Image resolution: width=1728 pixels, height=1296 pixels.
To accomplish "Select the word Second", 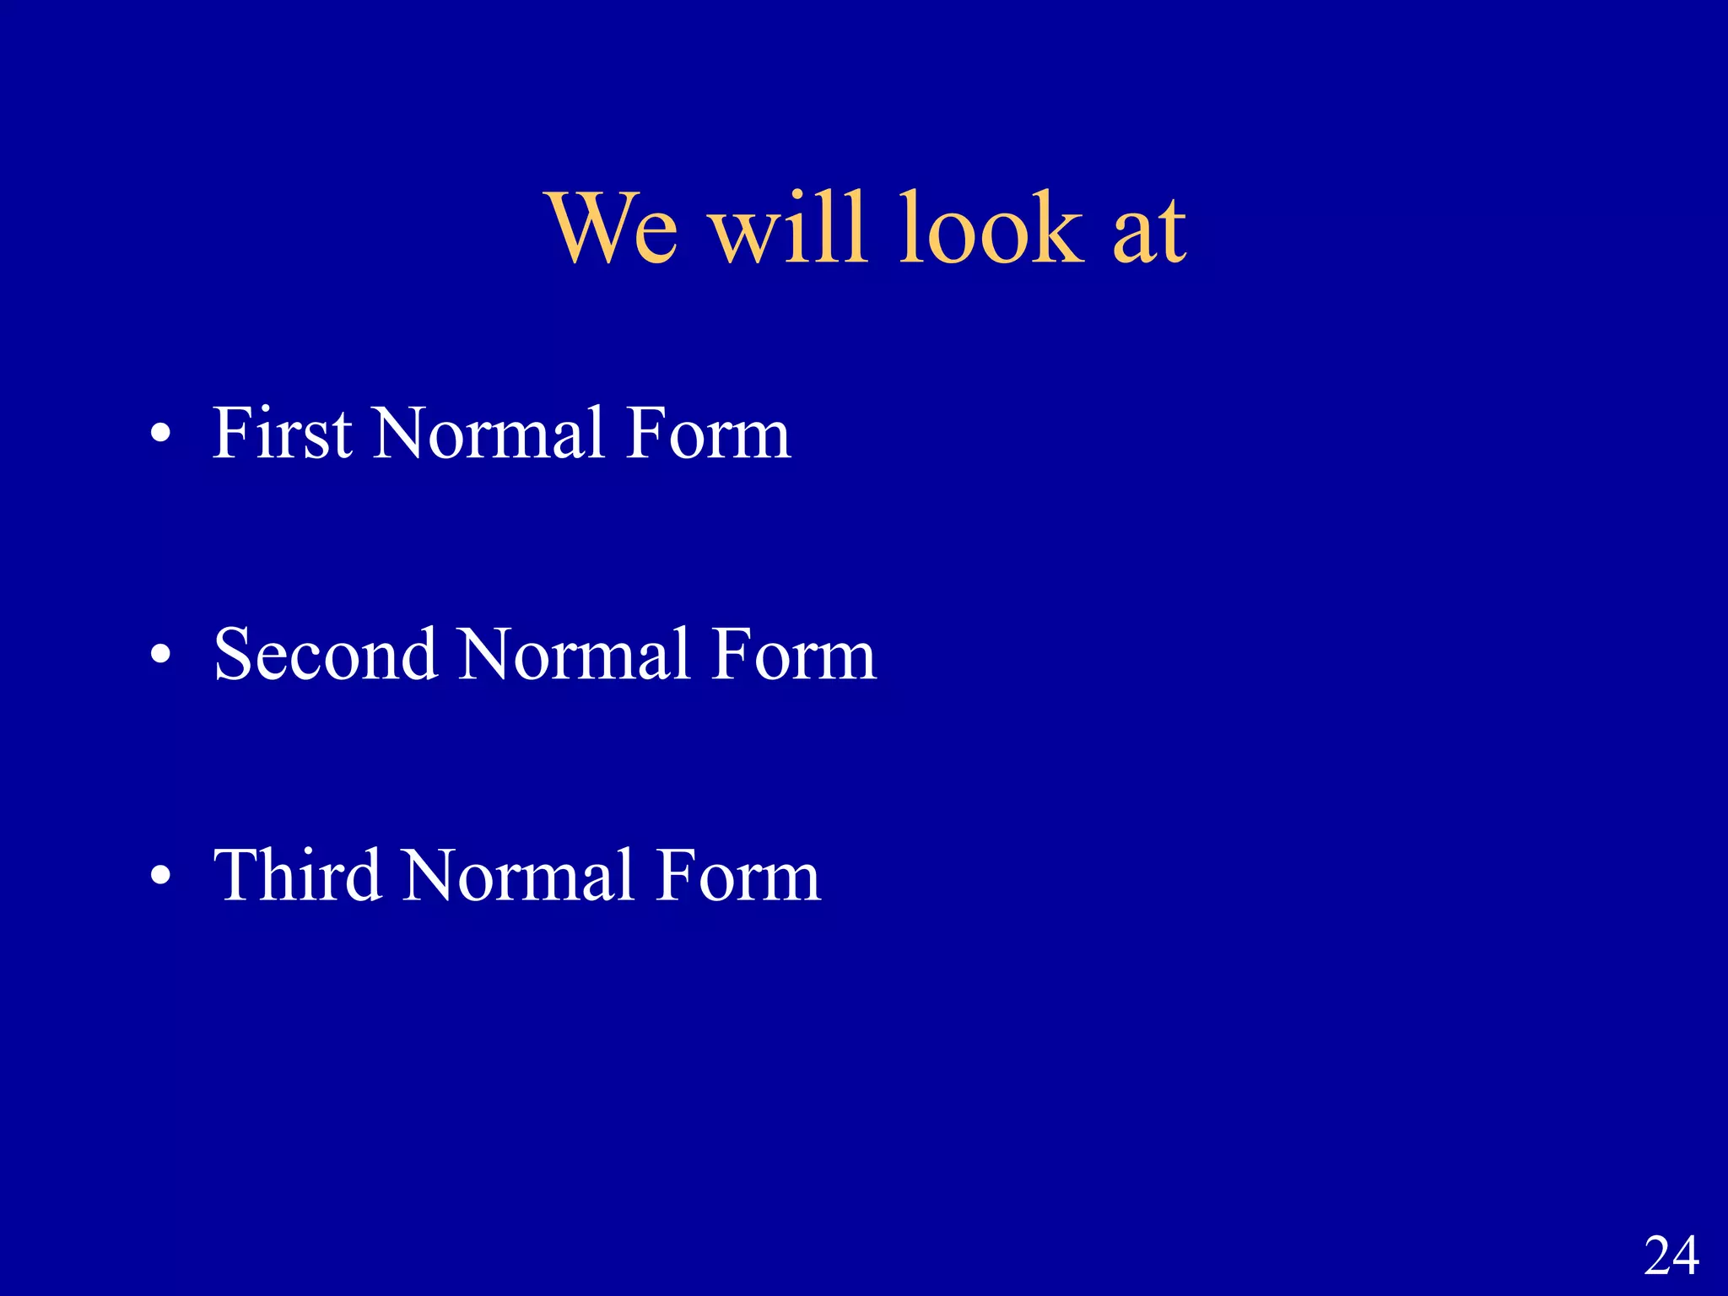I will (x=326, y=655).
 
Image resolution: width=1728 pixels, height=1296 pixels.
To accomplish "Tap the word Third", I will (x=297, y=876).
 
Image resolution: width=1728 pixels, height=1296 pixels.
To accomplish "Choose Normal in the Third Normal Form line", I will (x=518, y=876).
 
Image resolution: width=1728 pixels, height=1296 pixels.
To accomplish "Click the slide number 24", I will (x=1671, y=1255).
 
